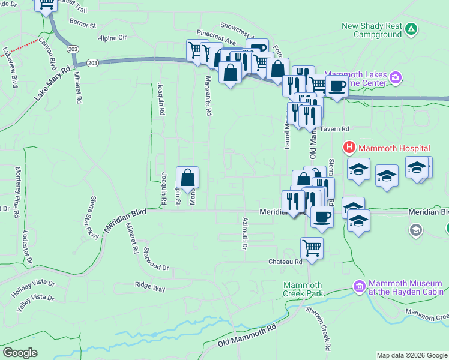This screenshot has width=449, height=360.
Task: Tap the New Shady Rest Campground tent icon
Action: (411, 28)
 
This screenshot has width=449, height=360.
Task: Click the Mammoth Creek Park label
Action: (304, 289)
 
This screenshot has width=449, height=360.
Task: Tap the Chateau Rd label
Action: (285, 262)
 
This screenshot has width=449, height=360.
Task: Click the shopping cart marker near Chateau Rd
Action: (312, 247)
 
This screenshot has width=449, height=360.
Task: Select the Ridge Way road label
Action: (149, 288)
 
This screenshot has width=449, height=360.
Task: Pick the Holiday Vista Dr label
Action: (33, 289)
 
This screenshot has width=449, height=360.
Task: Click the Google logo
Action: (20, 353)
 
